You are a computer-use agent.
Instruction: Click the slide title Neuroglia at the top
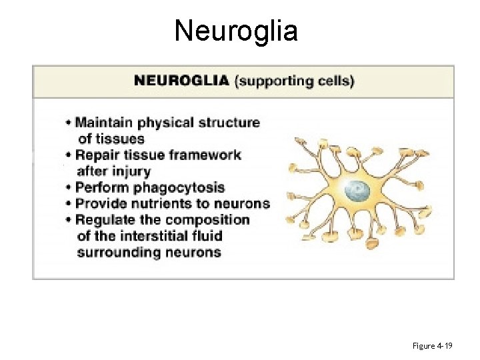236,31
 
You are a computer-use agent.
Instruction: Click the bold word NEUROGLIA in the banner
181,81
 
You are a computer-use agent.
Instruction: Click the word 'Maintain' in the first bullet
103,123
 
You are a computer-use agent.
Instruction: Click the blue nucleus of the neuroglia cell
357,192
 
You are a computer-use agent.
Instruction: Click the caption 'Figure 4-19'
433,346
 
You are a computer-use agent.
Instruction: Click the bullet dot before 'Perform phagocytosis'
69,188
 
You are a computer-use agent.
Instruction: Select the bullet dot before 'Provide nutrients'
69,204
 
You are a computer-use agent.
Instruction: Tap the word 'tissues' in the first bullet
111,139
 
